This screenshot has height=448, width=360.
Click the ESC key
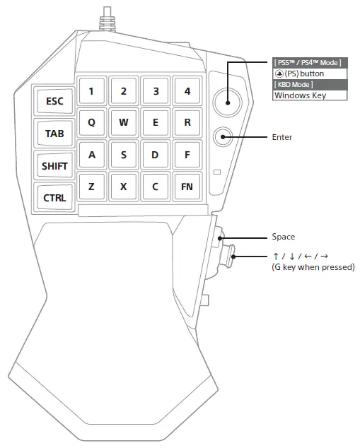click(x=54, y=101)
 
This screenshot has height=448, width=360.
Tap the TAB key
click(x=54, y=133)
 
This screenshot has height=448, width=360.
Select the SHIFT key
click(x=54, y=166)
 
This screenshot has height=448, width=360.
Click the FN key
click(x=187, y=187)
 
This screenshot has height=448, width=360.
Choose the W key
click(x=123, y=122)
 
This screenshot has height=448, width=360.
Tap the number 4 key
click(x=187, y=90)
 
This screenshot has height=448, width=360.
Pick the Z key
click(x=91, y=187)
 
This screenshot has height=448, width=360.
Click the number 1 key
click(x=91, y=90)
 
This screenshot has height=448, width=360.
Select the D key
click(x=155, y=154)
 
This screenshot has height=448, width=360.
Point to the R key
click(x=187, y=122)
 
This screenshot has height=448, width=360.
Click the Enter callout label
click(x=281, y=137)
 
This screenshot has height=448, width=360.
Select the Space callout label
click(x=283, y=237)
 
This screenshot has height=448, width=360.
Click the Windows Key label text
click(x=300, y=95)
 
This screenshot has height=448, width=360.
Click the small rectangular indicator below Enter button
click(x=217, y=172)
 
